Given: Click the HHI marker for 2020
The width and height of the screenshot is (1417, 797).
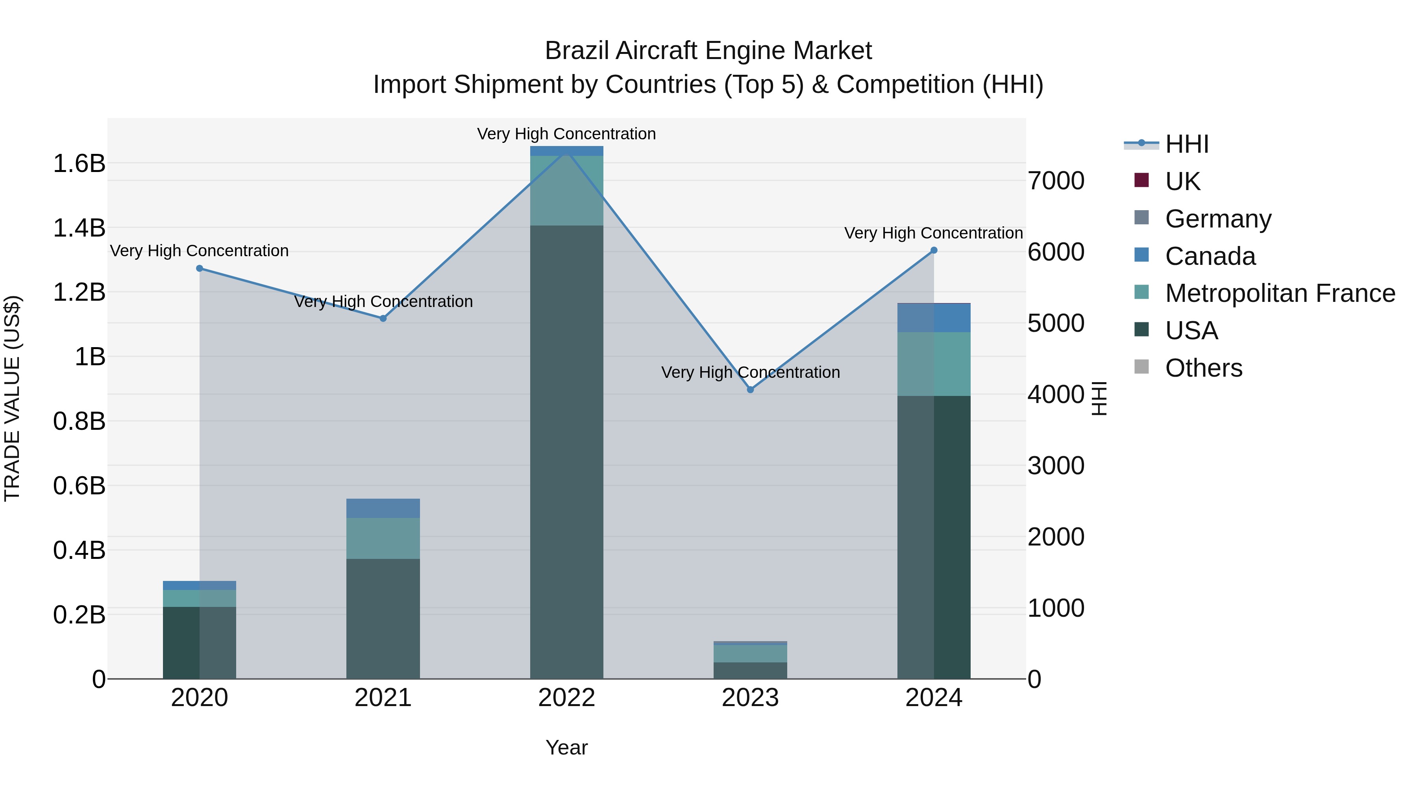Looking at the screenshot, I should click(x=200, y=268).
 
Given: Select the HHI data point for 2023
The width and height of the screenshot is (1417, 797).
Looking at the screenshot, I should click(x=750, y=389).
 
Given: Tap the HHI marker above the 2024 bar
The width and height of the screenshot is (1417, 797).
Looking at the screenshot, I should click(x=934, y=250).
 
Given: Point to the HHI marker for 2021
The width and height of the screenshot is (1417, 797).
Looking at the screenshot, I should click(x=383, y=318).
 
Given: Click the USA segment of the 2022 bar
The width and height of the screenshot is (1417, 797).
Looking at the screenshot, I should click(x=566, y=451).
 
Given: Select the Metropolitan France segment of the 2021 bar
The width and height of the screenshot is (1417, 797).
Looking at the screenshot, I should click(x=383, y=538).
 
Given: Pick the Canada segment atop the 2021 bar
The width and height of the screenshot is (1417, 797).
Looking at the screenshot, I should click(x=383, y=508).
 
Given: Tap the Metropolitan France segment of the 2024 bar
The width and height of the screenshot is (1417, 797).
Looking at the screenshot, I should click(x=934, y=364).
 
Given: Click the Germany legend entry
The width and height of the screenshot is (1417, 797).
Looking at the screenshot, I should click(x=1217, y=219).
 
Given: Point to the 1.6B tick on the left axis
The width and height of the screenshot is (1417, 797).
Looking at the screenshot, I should click(x=79, y=163).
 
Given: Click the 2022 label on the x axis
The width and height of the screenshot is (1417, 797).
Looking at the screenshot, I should click(x=566, y=698).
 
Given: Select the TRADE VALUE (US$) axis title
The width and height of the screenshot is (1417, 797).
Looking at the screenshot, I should click(x=12, y=398).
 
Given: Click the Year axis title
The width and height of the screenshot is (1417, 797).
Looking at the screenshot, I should click(x=566, y=747).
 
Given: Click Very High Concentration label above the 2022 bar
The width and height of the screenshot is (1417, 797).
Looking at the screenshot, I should click(x=566, y=134).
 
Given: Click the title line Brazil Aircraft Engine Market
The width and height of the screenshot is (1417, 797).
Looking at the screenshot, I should click(x=708, y=51).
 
